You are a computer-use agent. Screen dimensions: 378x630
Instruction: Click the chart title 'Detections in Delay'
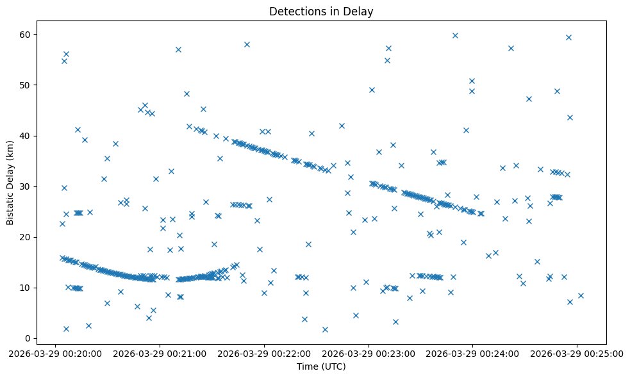[321, 12]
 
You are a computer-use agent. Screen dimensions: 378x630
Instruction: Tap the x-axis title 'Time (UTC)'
[321, 366]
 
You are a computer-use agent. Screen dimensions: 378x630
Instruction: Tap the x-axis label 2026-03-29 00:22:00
[264, 353]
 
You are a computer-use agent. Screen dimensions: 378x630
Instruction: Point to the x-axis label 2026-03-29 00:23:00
[369, 353]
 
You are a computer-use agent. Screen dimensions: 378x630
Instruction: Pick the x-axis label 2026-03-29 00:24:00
[473, 353]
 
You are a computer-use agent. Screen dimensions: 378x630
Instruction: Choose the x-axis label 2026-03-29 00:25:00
[576, 353]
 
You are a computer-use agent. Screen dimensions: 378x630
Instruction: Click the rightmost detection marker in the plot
[581, 295]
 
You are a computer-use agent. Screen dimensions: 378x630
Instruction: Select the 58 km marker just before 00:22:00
[247, 44]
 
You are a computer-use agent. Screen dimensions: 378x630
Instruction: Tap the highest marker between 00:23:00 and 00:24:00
[455, 35]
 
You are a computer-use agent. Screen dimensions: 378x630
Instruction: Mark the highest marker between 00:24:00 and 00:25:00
[568, 37]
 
